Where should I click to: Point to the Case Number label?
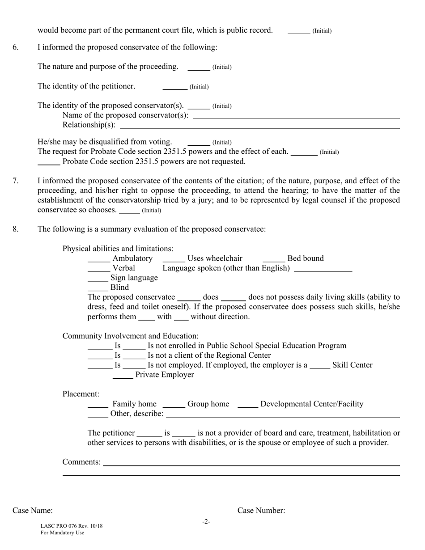261,511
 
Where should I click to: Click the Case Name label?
33,511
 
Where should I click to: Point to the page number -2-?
206,521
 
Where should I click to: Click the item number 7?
16,181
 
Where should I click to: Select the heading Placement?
81,394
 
